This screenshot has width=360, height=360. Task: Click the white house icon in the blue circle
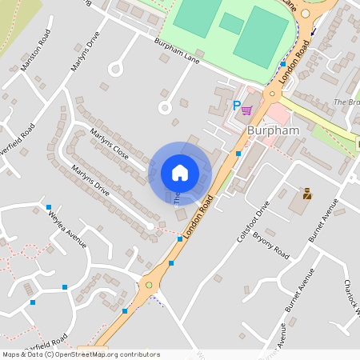point(180,172)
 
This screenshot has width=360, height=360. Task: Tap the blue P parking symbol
point(236,106)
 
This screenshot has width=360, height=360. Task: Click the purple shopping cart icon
point(247,110)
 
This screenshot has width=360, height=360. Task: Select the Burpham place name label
point(273,129)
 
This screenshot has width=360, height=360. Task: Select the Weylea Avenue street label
point(66,227)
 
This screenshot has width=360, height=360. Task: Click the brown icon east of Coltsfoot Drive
point(306,193)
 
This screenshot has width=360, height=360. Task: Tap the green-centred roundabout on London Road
point(148,284)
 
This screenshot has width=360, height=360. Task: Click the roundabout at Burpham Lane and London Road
point(272,94)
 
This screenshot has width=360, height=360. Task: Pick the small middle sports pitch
point(232,23)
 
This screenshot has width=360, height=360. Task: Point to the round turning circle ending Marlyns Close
point(166,106)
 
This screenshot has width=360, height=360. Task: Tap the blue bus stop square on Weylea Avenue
point(49,207)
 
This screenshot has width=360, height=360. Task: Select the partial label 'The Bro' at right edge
point(346,103)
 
